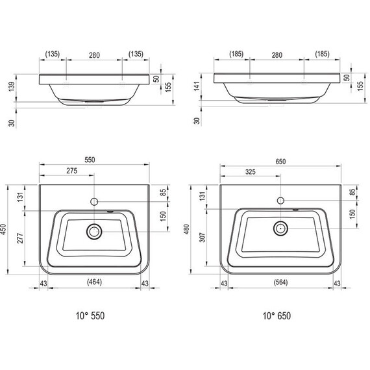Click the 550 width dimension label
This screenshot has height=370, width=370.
pos(90,160)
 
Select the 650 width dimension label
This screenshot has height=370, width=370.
pos(280,162)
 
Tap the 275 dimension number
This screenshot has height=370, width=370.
pos(72,171)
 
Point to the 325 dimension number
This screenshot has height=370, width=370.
pos(251,172)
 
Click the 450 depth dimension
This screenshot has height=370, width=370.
pos(4,229)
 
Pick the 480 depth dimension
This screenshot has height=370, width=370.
pos(186,229)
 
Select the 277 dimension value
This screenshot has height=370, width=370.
pos(20,238)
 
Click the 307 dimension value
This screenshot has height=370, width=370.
pos(203,237)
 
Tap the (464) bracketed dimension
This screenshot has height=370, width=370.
pos(94,282)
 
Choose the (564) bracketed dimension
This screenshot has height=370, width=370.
pos(280,282)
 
